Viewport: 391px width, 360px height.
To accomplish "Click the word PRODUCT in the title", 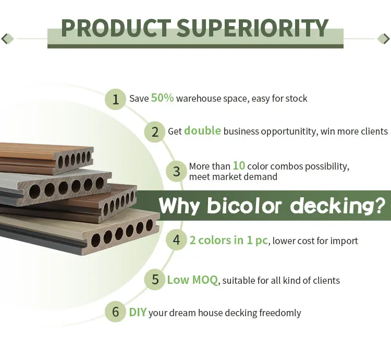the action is pyautogui.click(x=116, y=28).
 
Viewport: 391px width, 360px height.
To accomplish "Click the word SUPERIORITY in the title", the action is pyautogui.click(x=252, y=28).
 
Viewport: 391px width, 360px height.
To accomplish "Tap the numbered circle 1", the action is pyautogui.click(x=115, y=99).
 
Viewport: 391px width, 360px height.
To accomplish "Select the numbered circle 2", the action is pyautogui.click(x=155, y=131).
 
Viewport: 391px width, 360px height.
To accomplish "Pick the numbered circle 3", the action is pyautogui.click(x=177, y=172).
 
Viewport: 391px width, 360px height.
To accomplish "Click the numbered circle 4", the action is pyautogui.click(x=176, y=240).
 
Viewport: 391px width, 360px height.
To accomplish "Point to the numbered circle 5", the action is pyautogui.click(x=155, y=279).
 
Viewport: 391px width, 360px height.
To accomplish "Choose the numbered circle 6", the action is pyautogui.click(x=115, y=311).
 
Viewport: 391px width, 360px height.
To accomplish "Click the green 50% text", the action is pyautogui.click(x=162, y=98).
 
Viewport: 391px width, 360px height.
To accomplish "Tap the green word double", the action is pyautogui.click(x=202, y=130).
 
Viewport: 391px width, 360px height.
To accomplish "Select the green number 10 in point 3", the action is pyautogui.click(x=239, y=165).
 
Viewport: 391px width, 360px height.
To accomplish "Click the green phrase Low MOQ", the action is pyautogui.click(x=192, y=280).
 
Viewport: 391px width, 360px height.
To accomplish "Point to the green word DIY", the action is pyautogui.click(x=138, y=312).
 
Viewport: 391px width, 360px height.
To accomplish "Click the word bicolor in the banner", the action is pyautogui.click(x=245, y=206).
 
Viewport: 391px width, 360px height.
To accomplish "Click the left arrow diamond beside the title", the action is pyautogui.click(x=7, y=39).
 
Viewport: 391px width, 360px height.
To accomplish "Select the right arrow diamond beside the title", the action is pyautogui.click(x=384, y=39).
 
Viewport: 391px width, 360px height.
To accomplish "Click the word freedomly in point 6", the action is pyautogui.click(x=280, y=313).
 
